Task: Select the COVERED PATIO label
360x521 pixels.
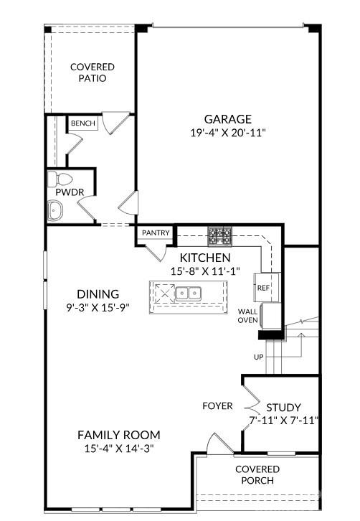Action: click(92, 72)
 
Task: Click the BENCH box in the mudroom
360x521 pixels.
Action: click(83, 123)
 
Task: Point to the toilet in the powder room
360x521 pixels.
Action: click(60, 179)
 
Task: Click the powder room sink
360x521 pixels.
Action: click(55, 210)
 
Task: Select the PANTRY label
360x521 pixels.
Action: click(156, 233)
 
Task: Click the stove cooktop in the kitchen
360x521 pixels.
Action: click(219, 234)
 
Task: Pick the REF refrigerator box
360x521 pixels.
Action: click(262, 287)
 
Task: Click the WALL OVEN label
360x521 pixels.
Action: click(248, 316)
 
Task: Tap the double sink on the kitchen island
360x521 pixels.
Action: click(189, 293)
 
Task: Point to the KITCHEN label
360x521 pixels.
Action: click(205, 258)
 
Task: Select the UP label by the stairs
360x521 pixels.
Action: click(258, 357)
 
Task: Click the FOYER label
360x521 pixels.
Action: click(217, 405)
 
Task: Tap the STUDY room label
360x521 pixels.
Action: click(283, 407)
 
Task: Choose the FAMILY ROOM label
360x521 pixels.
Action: click(118, 435)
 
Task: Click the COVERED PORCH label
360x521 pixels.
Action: click(257, 474)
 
